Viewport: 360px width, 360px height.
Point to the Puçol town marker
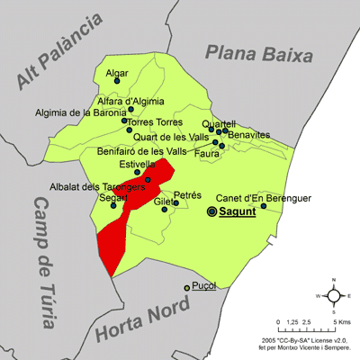point(187,287)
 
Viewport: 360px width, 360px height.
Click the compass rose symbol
point(333,295)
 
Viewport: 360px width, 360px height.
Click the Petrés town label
point(187,193)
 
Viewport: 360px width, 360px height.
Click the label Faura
point(208,153)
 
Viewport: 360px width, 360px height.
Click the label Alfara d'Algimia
point(131,100)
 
